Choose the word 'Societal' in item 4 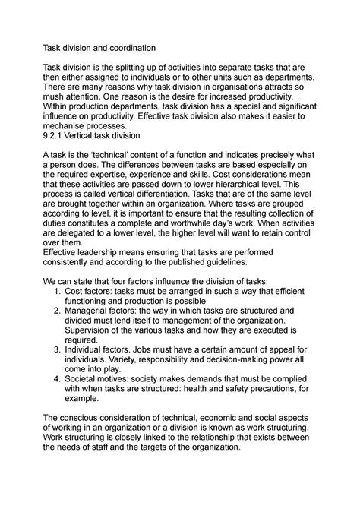(x=93, y=444)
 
